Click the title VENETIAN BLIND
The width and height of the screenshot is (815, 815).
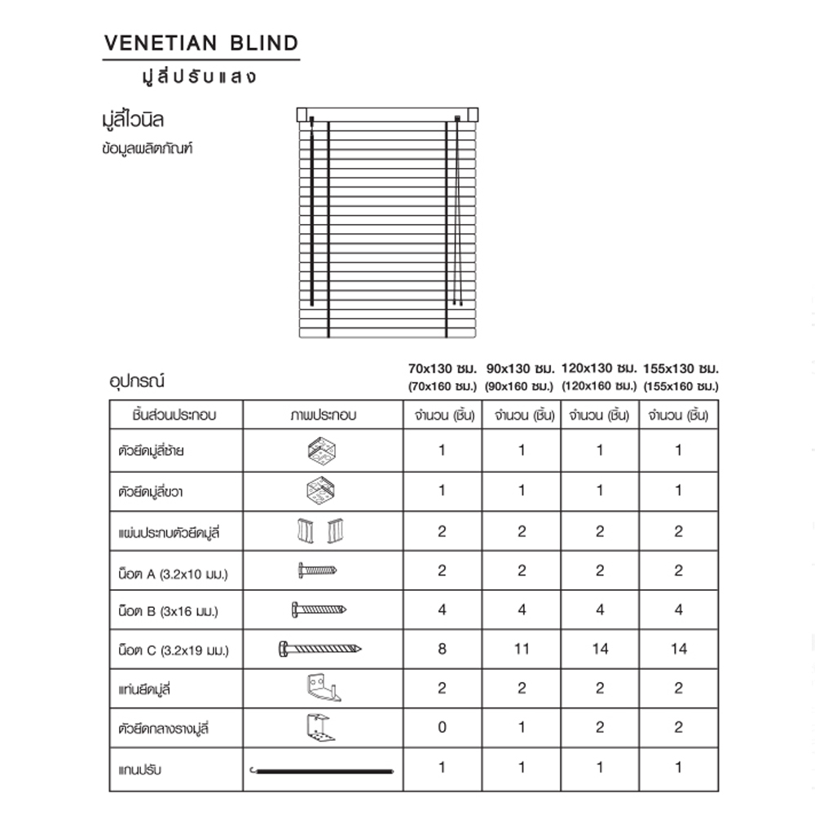(201, 43)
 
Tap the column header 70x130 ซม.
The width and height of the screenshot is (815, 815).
(443, 368)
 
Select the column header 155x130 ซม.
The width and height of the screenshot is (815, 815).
(681, 368)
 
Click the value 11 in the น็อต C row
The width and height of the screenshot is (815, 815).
(522, 649)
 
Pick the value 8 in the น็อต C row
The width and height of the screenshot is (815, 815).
(443, 649)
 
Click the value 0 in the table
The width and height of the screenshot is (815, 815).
(443, 727)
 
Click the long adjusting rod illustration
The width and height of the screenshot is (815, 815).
(321, 768)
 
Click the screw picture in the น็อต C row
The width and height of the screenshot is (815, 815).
(321, 650)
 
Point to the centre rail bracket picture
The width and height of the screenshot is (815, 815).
(321, 727)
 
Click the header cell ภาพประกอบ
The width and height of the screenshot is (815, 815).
(323, 416)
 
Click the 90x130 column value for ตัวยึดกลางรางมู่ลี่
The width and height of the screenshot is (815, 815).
(522, 727)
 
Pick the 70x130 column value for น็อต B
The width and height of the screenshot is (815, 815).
(443, 610)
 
